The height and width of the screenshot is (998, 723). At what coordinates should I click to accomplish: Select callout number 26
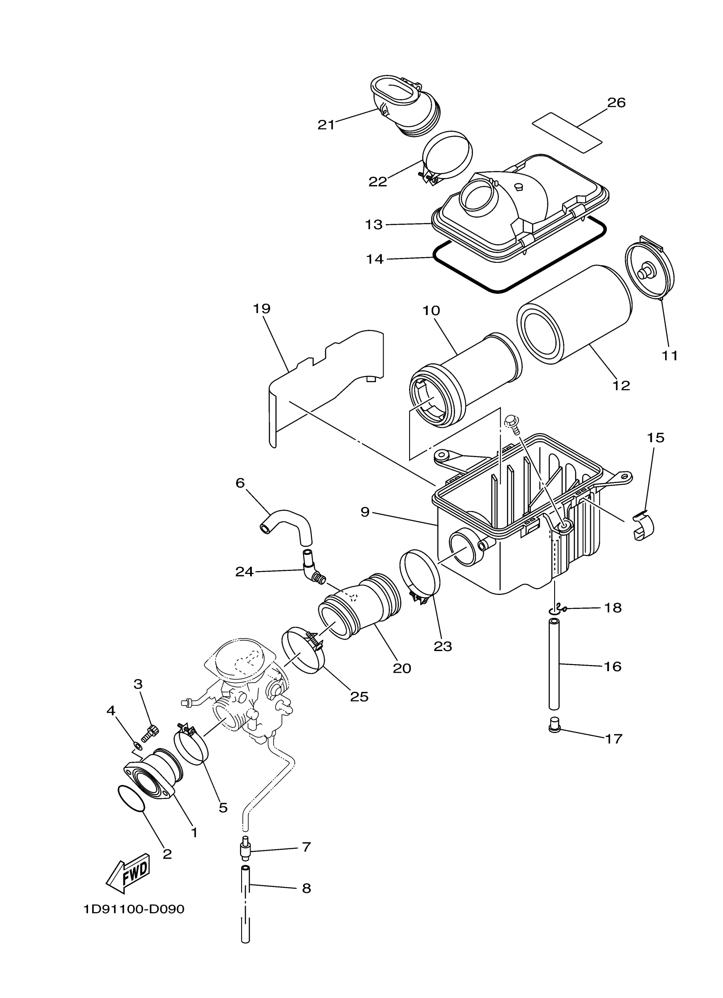[616, 102]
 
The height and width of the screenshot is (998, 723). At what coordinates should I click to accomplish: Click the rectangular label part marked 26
[567, 132]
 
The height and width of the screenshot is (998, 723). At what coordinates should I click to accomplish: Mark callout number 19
[262, 309]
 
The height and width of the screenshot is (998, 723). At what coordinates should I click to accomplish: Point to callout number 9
[365, 512]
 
